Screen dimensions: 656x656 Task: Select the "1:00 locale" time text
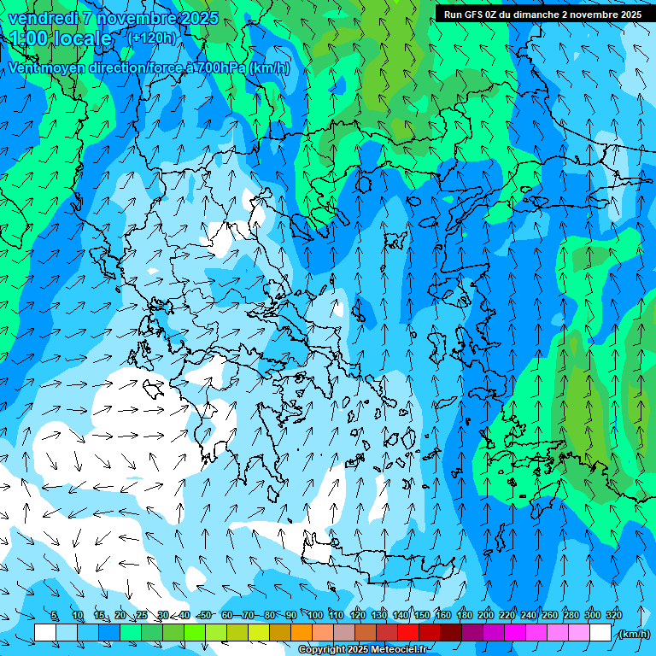60,38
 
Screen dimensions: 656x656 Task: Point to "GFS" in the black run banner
475,15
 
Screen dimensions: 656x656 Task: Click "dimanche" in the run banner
535,15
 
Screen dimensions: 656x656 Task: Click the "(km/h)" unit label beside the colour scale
633,634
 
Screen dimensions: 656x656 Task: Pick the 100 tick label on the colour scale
315,615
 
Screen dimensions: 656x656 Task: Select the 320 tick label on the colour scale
614,615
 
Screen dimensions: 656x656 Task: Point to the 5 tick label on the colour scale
54,615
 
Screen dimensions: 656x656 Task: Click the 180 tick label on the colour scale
465,615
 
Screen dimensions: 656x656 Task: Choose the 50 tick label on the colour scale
206,615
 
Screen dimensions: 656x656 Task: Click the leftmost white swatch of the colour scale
45,633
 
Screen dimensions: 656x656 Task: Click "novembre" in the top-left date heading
135,18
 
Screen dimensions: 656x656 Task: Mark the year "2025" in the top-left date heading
198,18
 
